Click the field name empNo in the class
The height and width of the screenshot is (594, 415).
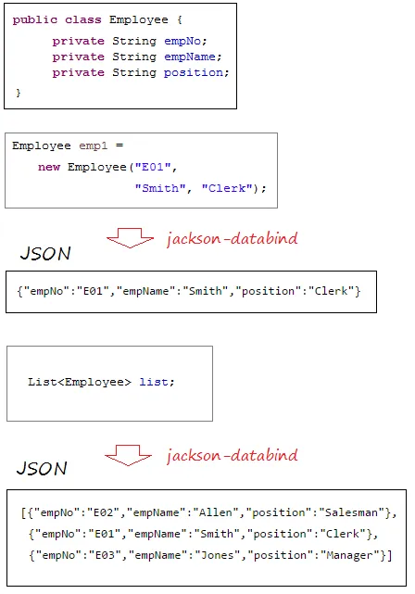(182, 41)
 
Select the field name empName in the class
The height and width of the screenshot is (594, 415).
(190, 57)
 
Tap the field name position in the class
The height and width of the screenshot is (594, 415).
(194, 72)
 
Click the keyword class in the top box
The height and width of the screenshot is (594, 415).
(82, 19)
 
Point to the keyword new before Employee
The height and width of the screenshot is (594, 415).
(49, 167)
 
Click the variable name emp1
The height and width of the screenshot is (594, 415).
(94, 145)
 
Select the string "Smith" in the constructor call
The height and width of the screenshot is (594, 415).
(160, 188)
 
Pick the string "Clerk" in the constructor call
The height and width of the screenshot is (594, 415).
(227, 188)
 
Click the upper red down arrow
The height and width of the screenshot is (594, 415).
(131, 238)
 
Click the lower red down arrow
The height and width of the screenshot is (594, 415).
(129, 455)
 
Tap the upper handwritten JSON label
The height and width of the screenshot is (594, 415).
(45, 253)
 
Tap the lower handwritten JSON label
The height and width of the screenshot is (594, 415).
(42, 468)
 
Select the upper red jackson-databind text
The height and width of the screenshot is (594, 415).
(233, 238)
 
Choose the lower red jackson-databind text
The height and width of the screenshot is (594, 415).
(233, 455)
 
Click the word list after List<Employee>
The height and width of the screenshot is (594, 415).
(154, 382)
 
